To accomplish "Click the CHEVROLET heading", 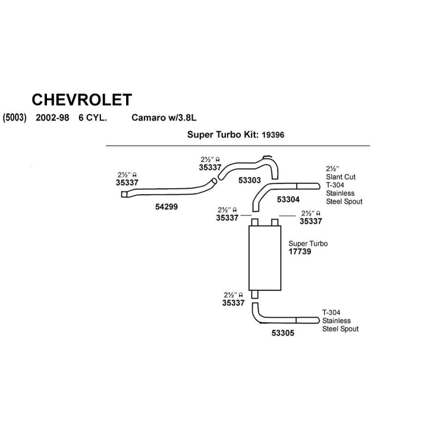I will tap(82, 100).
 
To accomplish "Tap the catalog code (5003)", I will tap(14, 118).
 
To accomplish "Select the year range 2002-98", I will tap(52, 118).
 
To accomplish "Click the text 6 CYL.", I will tap(93, 118).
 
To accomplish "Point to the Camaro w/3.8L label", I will tap(164, 118).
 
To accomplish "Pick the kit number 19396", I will tap(273, 134).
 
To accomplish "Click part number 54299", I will tap(166, 207).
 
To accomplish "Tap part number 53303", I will tap(250, 180).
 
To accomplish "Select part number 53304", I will tap(288, 199).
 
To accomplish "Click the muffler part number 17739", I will tap(300, 252).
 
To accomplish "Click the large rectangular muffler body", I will tap(264, 258).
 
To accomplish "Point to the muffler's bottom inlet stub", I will tap(255, 294).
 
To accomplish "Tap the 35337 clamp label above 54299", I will tap(127, 182).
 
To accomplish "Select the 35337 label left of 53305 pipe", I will tap(233, 303).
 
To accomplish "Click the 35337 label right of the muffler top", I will tap(310, 221).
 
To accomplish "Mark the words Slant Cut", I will tap(341, 177).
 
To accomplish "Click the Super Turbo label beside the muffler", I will tap(308, 243).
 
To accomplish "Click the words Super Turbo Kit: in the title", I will tap(223, 134).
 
